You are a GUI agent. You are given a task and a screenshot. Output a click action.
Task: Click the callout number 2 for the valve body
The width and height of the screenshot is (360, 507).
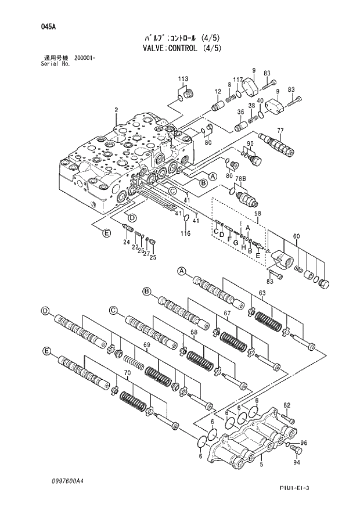point(116,109)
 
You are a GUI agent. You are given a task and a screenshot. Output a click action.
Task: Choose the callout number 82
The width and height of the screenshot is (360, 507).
point(286,405)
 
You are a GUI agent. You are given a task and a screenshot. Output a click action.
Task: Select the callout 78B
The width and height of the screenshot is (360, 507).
point(240,177)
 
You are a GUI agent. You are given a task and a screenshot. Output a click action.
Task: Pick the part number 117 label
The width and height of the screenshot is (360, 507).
point(237,80)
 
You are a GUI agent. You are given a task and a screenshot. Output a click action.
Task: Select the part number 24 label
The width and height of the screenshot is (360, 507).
point(125,242)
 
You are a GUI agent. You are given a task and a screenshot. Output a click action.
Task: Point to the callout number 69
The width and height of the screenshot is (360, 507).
point(147,345)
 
